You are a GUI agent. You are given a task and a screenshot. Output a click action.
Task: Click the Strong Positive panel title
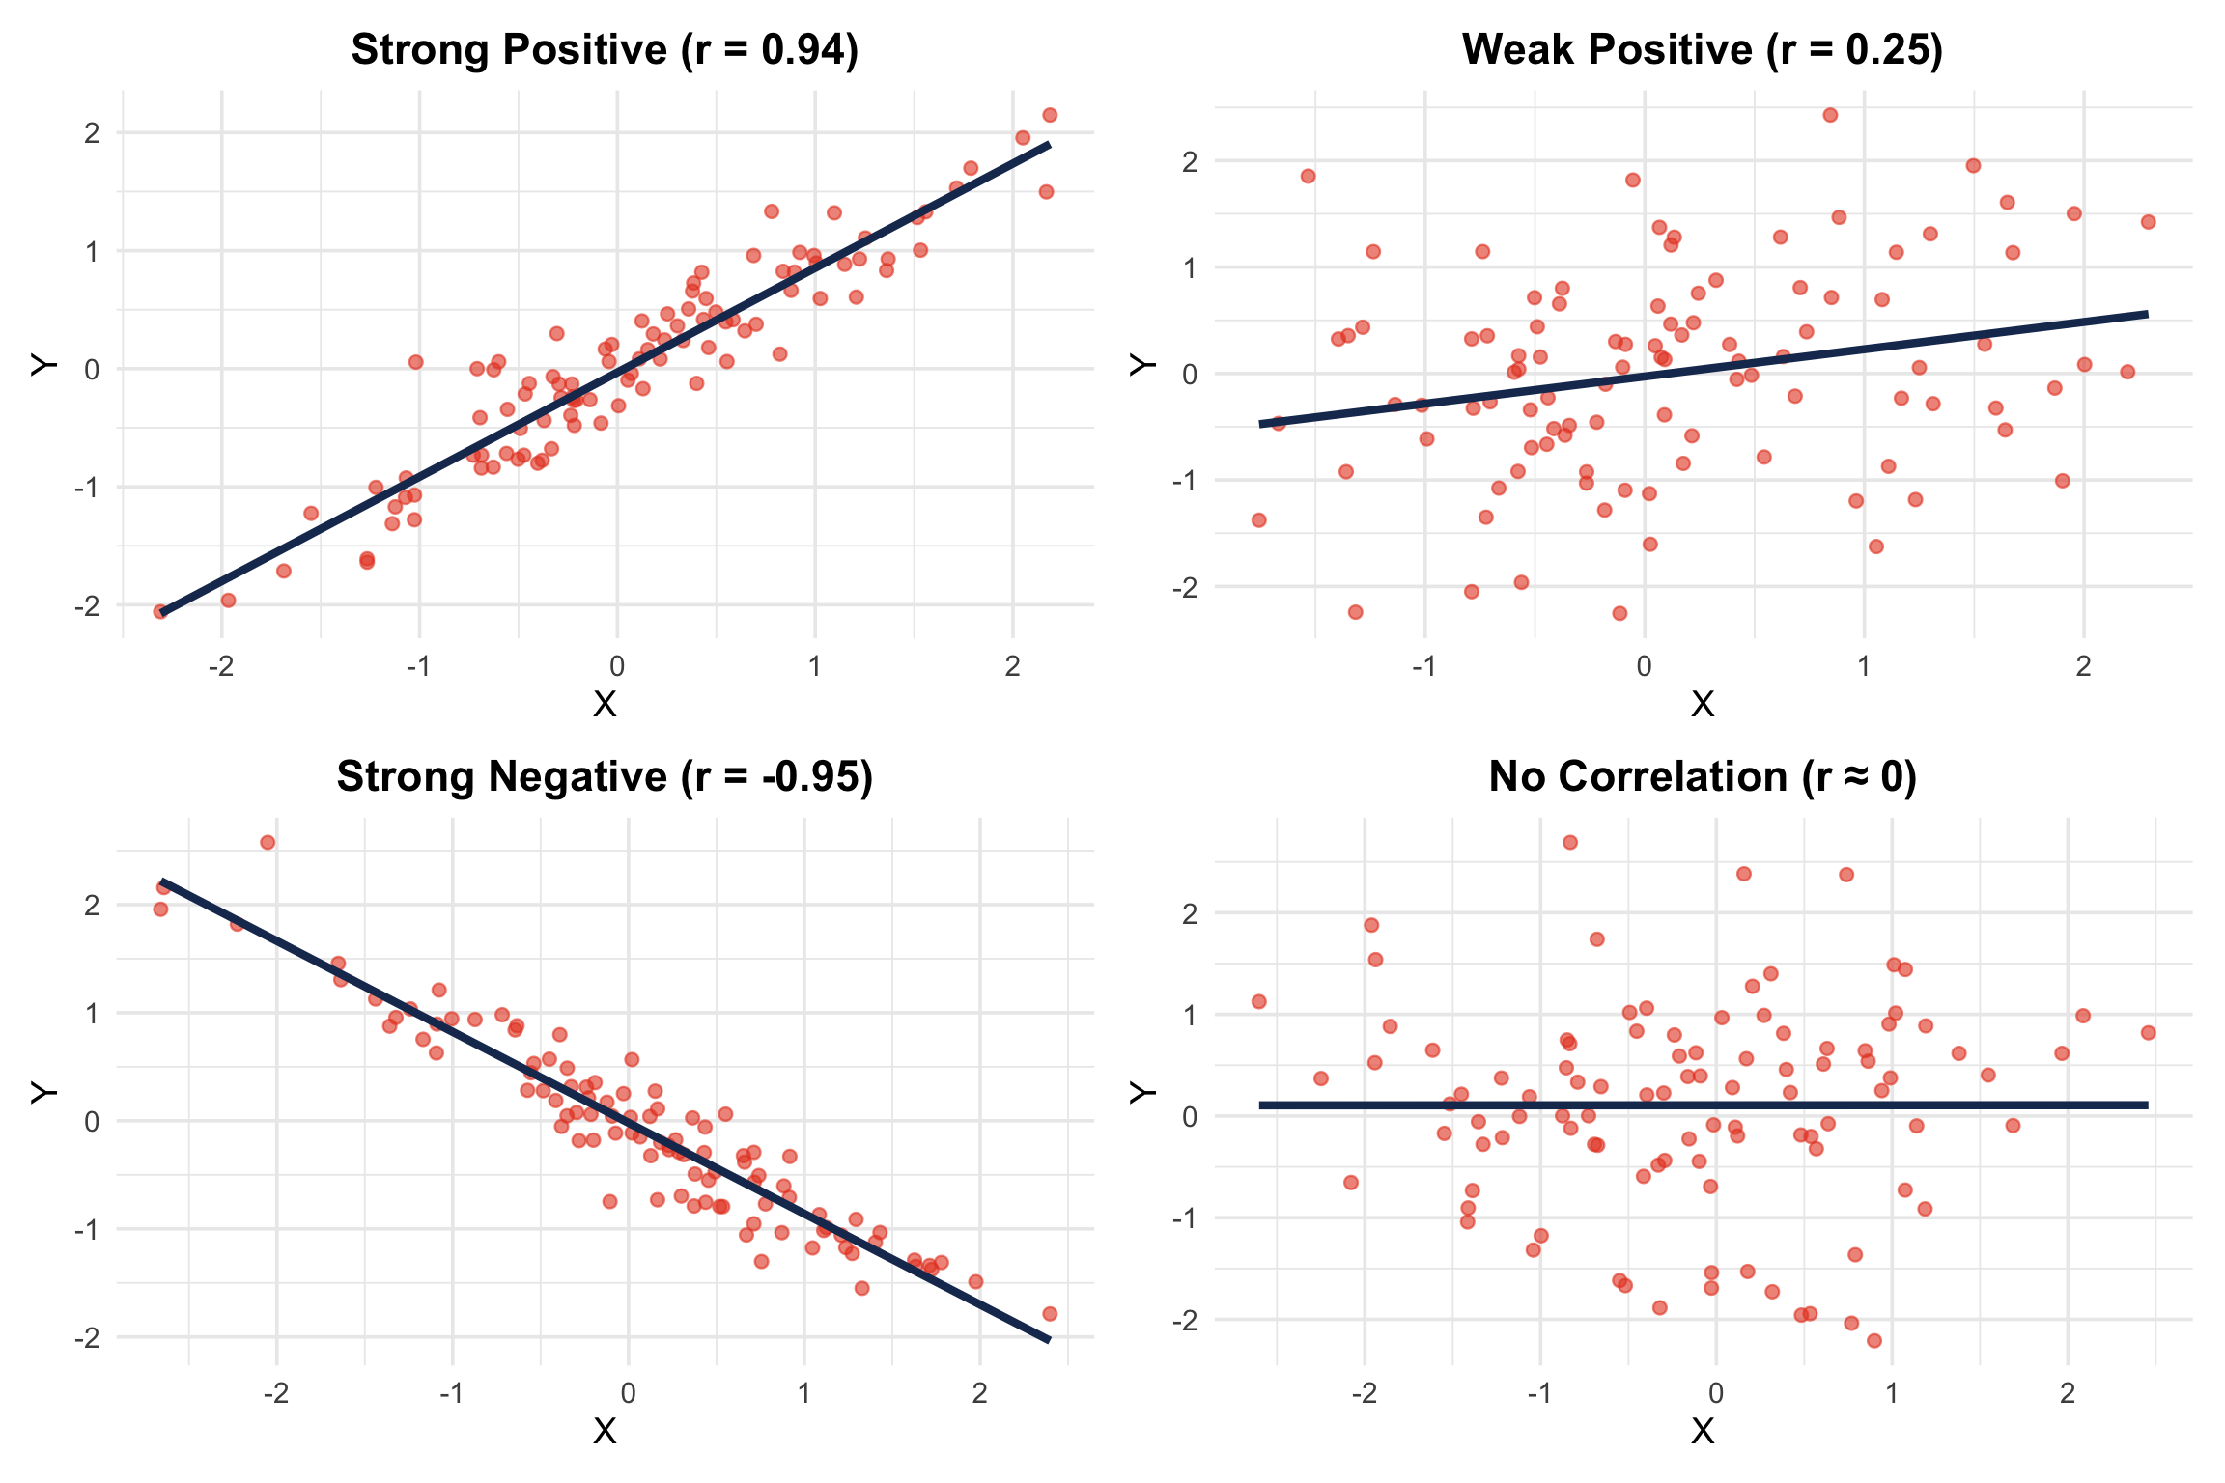605,50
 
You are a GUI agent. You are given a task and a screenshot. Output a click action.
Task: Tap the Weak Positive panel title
1703,50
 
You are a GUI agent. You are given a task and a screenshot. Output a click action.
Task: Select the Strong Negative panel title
605,777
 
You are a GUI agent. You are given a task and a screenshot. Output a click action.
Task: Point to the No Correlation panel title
1703,777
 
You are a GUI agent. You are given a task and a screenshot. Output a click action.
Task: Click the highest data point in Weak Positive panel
1830,115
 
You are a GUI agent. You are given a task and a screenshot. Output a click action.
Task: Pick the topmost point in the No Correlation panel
1570,843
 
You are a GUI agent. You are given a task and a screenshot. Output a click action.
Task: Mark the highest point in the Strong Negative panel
268,843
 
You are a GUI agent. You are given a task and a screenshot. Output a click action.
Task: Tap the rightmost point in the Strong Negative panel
1050,1314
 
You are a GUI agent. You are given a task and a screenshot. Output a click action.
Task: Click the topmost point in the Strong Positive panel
1050,115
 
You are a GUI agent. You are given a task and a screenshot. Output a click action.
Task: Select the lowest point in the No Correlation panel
1874,1341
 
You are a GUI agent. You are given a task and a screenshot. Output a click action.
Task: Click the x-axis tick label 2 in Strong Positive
1012,666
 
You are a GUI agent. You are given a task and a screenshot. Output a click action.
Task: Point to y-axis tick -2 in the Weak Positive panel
1185,587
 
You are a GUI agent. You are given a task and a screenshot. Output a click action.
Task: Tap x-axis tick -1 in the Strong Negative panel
452,1393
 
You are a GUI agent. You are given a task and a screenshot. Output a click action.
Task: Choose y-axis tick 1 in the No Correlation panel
1190,1015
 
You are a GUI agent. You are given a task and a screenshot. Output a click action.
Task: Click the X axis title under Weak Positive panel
1703,705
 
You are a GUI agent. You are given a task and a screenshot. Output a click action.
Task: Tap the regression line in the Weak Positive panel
1704,369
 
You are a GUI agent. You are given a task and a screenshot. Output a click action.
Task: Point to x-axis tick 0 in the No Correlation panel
1716,1393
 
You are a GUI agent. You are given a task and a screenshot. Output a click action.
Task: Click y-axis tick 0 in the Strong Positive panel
92,370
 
